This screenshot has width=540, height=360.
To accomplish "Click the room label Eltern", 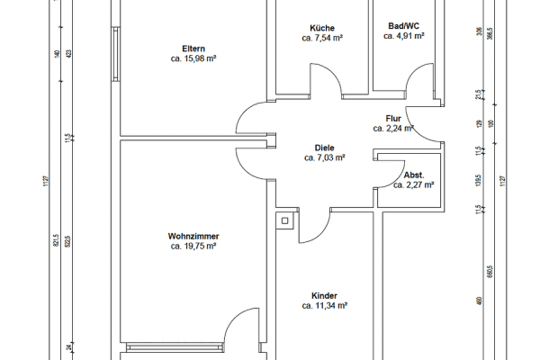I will coord(193,48).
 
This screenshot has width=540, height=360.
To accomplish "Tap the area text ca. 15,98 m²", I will coord(193,58).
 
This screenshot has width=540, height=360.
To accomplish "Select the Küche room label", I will coord(321,28).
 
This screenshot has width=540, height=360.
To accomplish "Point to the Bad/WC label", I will coord(403,27).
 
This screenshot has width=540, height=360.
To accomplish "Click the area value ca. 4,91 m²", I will coord(403,38).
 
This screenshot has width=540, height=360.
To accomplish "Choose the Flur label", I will coord(392,118).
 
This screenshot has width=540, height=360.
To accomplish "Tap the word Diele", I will coord(324,147).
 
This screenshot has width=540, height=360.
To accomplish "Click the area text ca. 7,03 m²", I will coord(324,157).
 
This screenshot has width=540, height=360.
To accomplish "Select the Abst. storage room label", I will coord(414,175).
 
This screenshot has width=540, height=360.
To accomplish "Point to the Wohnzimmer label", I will coord(193,236).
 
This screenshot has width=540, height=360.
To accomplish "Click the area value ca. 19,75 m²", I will coord(193,246).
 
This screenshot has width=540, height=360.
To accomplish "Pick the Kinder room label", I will coord(324,296).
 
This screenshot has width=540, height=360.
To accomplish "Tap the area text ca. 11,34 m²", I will coord(324,307).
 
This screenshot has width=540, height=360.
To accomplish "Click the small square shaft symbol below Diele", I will coord(285,220).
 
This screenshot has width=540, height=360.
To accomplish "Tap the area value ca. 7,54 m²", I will coord(321,39).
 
